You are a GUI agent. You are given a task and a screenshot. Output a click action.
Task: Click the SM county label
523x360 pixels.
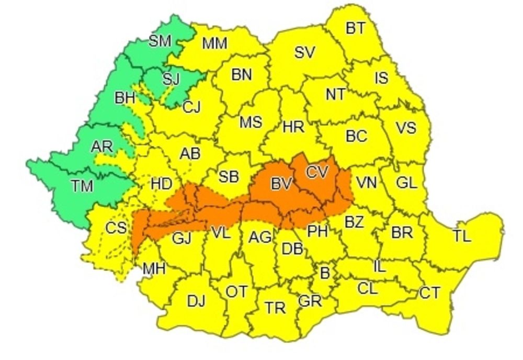click(160, 41)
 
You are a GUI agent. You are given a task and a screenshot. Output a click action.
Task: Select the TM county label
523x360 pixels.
click(82, 186)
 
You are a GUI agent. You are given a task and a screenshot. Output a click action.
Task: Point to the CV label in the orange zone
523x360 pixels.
click(318, 172)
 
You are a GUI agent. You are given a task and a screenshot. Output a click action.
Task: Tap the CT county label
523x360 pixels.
click(430, 293)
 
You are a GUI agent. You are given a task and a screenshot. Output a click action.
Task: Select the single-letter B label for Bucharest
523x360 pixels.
click(325, 273)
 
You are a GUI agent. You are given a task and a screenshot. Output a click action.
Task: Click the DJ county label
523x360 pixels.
click(196, 301)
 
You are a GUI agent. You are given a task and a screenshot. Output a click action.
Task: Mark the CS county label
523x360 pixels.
click(116, 228)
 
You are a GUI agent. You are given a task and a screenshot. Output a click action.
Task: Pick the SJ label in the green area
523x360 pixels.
click(170, 80)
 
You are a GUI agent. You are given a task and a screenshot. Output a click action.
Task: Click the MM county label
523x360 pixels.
click(214, 43)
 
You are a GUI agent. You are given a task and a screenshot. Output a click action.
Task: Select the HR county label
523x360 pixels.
click(293, 126)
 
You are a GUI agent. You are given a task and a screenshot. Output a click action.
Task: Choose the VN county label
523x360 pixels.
click(367, 183)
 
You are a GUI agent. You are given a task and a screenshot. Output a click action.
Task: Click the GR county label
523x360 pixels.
click(310, 301)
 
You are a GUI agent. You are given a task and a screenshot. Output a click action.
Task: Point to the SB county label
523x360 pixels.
click(229, 177)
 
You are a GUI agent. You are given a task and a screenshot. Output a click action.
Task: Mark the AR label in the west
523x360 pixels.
click(102, 147)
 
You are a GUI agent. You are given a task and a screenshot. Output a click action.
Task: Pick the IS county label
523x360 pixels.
click(381, 78)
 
